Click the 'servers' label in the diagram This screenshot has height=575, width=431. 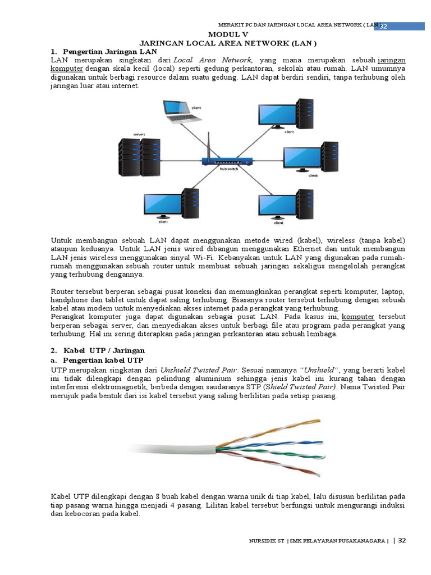click(x=140, y=135)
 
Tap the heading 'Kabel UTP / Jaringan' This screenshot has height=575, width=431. click(x=104, y=350)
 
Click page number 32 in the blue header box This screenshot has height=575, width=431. click(x=384, y=27)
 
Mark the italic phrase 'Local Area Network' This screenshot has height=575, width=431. click(x=213, y=60)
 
